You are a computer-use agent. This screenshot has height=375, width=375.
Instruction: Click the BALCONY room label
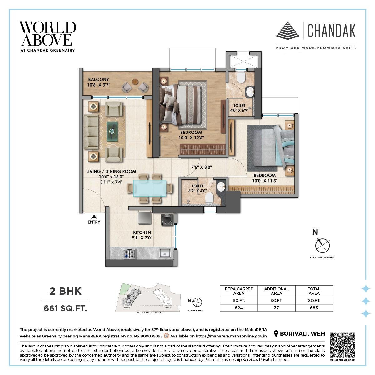click(98, 79)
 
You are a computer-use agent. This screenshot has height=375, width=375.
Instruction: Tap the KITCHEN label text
click(142, 232)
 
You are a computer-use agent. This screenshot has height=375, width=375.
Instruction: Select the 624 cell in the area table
click(239, 307)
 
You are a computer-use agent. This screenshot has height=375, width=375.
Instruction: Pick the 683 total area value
click(314, 307)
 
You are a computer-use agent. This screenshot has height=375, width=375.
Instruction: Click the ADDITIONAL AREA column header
click(276, 291)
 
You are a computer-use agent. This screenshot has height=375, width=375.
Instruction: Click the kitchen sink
click(164, 253)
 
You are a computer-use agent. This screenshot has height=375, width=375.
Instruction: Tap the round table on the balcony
click(135, 82)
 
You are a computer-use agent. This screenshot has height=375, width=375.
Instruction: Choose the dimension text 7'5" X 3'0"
click(202, 167)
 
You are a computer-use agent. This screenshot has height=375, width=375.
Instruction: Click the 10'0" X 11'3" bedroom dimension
click(265, 181)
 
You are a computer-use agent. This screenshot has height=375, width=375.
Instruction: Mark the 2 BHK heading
click(66, 291)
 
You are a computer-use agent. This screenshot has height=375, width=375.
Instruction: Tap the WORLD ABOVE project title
click(48, 34)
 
